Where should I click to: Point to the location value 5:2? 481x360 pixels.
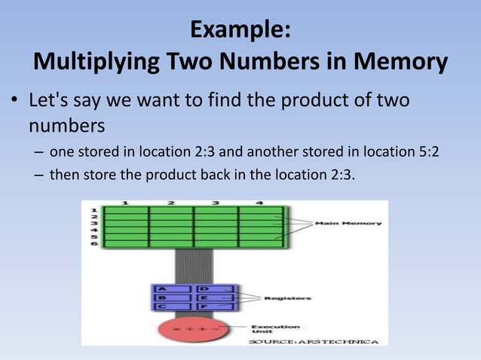point(424,153)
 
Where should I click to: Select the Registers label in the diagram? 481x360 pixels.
point(287,298)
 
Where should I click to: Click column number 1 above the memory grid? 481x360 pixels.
point(124,203)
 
